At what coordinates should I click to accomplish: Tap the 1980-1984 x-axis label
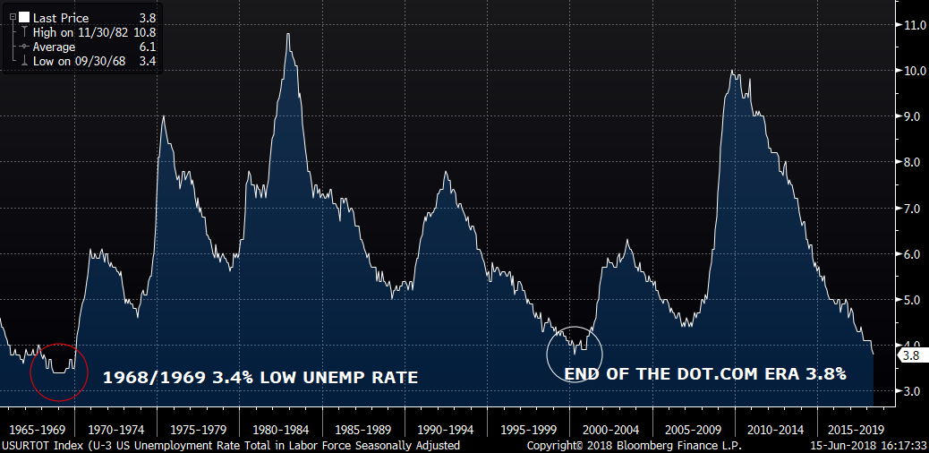(281, 429)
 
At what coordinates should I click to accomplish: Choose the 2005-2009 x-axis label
(694, 429)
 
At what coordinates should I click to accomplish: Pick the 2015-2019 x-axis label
(857, 429)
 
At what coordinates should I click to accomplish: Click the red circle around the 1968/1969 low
(30, 372)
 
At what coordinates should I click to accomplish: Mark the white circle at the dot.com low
(548, 355)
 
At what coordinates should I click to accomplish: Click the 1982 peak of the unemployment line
(288, 34)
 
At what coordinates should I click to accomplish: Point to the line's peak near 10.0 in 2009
(732, 71)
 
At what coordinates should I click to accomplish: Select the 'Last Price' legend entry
(61, 19)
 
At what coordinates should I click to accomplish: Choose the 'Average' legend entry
(54, 47)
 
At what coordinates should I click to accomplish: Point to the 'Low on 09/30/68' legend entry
(79, 61)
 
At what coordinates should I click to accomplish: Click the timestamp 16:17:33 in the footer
(905, 445)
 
